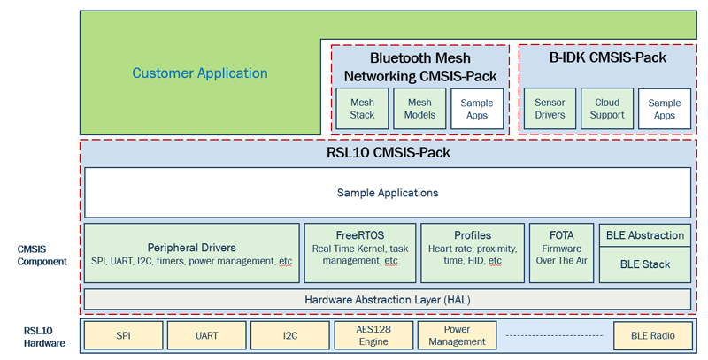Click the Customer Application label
200,73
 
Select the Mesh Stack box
362,109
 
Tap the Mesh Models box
419,109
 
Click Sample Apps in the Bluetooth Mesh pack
477,109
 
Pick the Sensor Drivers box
550,109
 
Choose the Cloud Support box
607,109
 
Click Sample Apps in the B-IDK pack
665,109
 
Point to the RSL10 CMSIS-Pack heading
389,153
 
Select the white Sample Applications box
388,192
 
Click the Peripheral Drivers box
191,253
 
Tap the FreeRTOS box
360,253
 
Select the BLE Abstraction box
645,235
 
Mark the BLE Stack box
645,264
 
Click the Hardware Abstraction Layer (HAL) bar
388,300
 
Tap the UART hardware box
205,336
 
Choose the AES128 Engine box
373,336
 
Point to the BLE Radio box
651,336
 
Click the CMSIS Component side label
42,256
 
